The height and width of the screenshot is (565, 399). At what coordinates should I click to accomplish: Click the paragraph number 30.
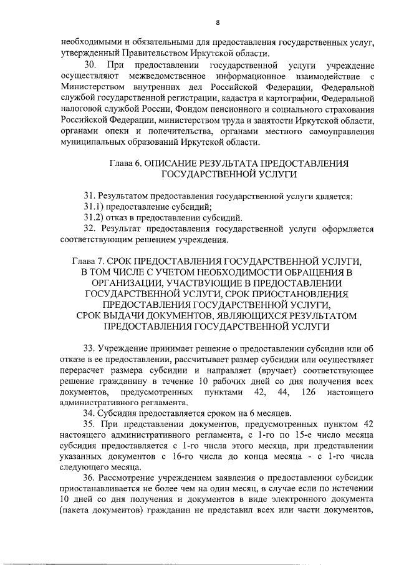click(90, 66)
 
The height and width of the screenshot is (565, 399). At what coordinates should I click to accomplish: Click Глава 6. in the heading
click(125, 163)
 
